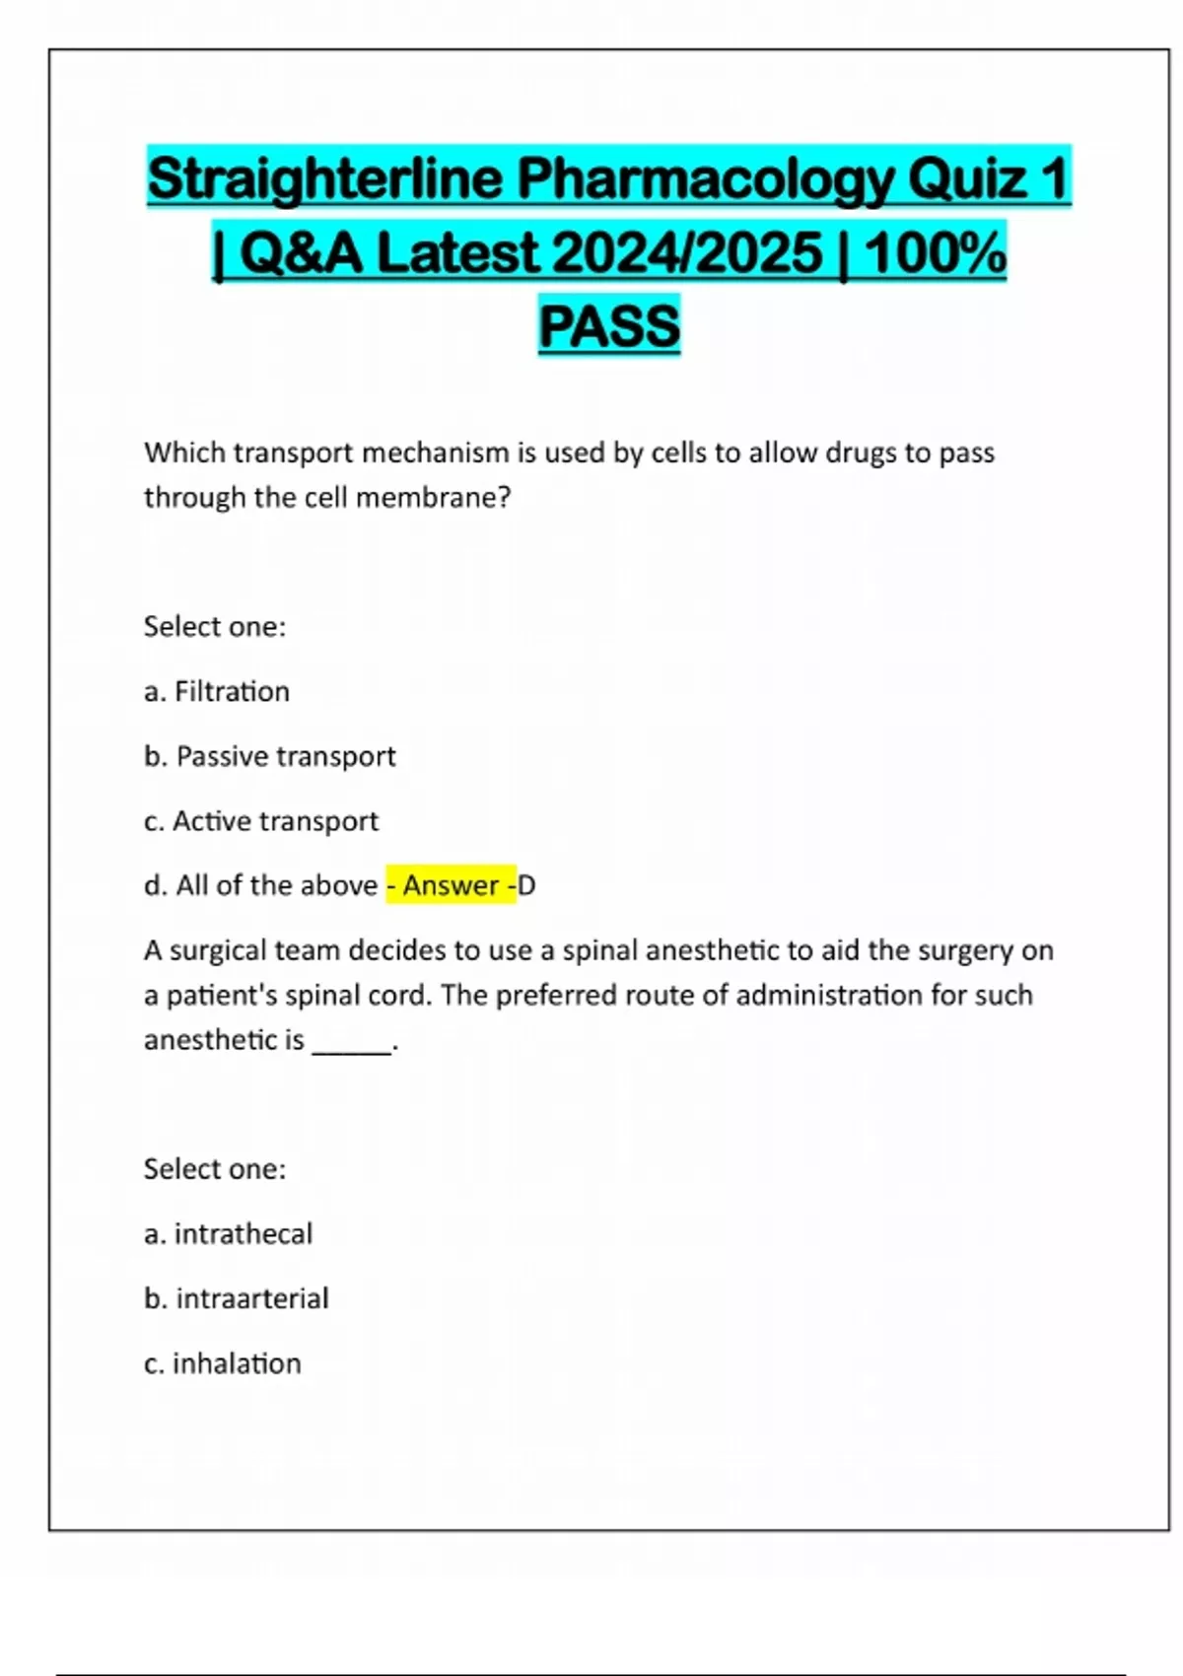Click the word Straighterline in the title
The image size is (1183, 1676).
point(326,178)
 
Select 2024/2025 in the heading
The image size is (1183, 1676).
point(687,252)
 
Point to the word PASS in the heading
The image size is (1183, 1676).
point(609,326)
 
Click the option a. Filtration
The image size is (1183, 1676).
point(217,691)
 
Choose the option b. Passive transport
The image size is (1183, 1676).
point(269,756)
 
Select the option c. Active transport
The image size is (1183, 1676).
point(261,821)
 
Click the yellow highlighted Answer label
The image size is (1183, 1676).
point(451,885)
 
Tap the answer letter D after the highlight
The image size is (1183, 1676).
point(527,885)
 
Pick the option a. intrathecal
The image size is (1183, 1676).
point(228,1233)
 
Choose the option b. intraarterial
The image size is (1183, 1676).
point(237,1298)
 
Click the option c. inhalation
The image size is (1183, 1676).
point(223,1363)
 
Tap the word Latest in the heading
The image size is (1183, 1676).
point(459,252)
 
